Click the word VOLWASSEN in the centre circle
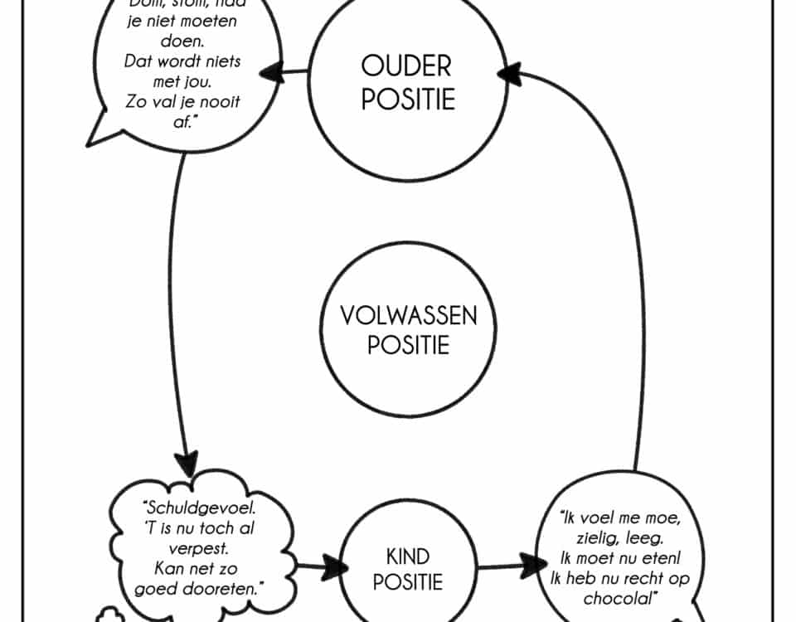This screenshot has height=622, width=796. [x=409, y=316]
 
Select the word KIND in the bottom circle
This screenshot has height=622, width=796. [x=408, y=556]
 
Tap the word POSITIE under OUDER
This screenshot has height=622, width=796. [x=408, y=100]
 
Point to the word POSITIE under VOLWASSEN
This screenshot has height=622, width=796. [x=409, y=344]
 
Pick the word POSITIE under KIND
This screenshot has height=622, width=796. [x=408, y=582]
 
